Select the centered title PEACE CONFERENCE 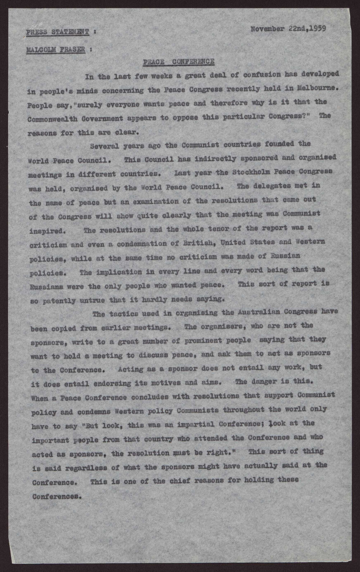(x=179, y=62)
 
